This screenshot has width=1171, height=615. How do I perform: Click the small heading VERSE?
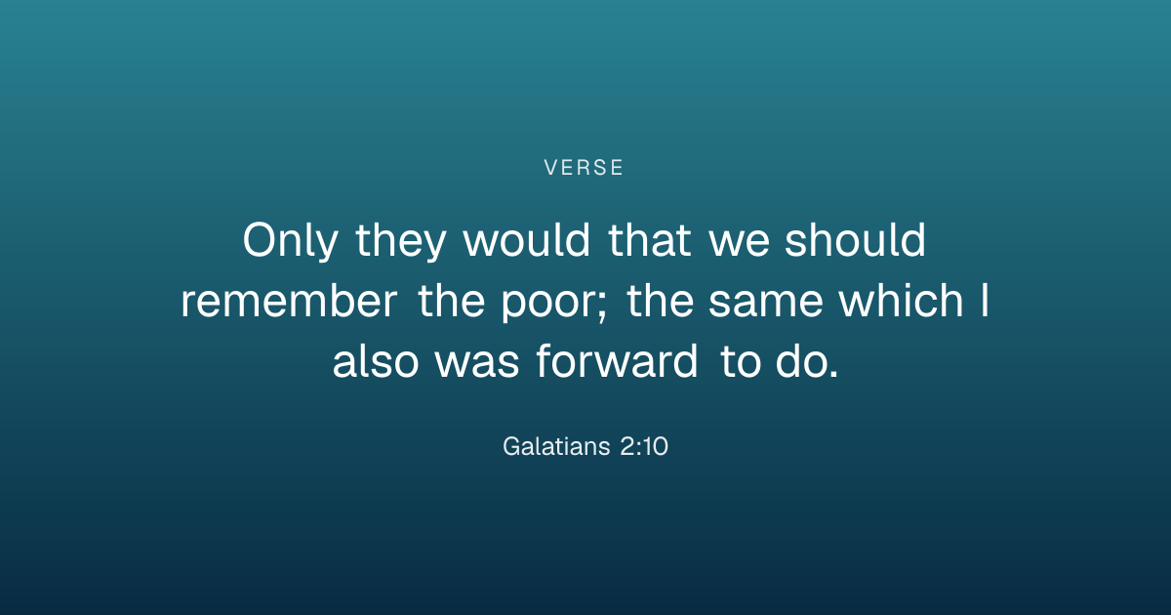[x=584, y=168]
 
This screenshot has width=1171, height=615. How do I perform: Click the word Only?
[x=290, y=240]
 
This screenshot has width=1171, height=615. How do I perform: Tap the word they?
[x=400, y=240]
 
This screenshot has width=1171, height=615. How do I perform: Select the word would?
[x=526, y=239]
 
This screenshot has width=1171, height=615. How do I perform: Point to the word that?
[x=650, y=239]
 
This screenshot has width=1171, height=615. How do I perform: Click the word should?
[x=855, y=239]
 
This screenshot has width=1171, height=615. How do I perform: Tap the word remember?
[x=289, y=301]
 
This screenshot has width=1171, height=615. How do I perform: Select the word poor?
[x=548, y=306]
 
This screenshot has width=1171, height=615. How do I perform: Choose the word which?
[x=902, y=301]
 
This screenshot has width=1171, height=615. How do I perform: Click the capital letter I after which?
[x=985, y=301]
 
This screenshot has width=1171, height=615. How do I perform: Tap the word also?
[x=376, y=361]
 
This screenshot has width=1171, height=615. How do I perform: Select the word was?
[x=477, y=365]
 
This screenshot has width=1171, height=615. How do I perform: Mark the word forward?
[x=617, y=361]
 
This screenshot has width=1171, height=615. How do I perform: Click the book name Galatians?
[x=556, y=446]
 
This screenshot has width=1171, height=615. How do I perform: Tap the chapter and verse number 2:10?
[x=644, y=447]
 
